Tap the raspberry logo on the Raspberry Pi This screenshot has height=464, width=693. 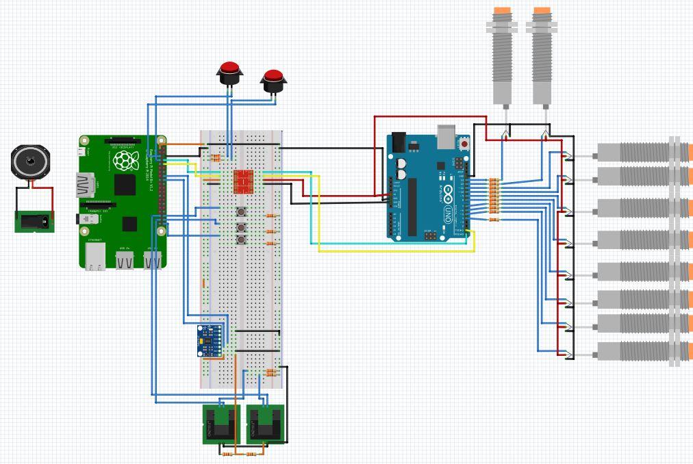(126, 160)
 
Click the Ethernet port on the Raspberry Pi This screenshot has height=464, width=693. (95, 257)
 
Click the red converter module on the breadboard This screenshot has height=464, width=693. (244, 181)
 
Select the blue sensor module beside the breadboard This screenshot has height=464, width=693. (210, 340)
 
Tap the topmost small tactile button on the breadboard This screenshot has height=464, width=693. (242, 212)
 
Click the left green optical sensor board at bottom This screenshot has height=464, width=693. (219, 424)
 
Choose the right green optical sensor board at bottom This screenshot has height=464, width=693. (265, 424)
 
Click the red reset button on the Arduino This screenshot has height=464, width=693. (464, 144)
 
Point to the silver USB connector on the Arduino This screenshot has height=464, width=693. (446, 137)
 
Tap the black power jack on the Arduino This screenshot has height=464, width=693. (398, 142)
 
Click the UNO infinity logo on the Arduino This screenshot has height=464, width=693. (447, 192)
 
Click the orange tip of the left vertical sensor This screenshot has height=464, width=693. (502, 11)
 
